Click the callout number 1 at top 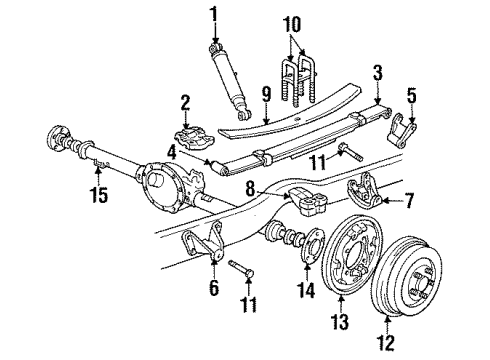coord(212,14)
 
